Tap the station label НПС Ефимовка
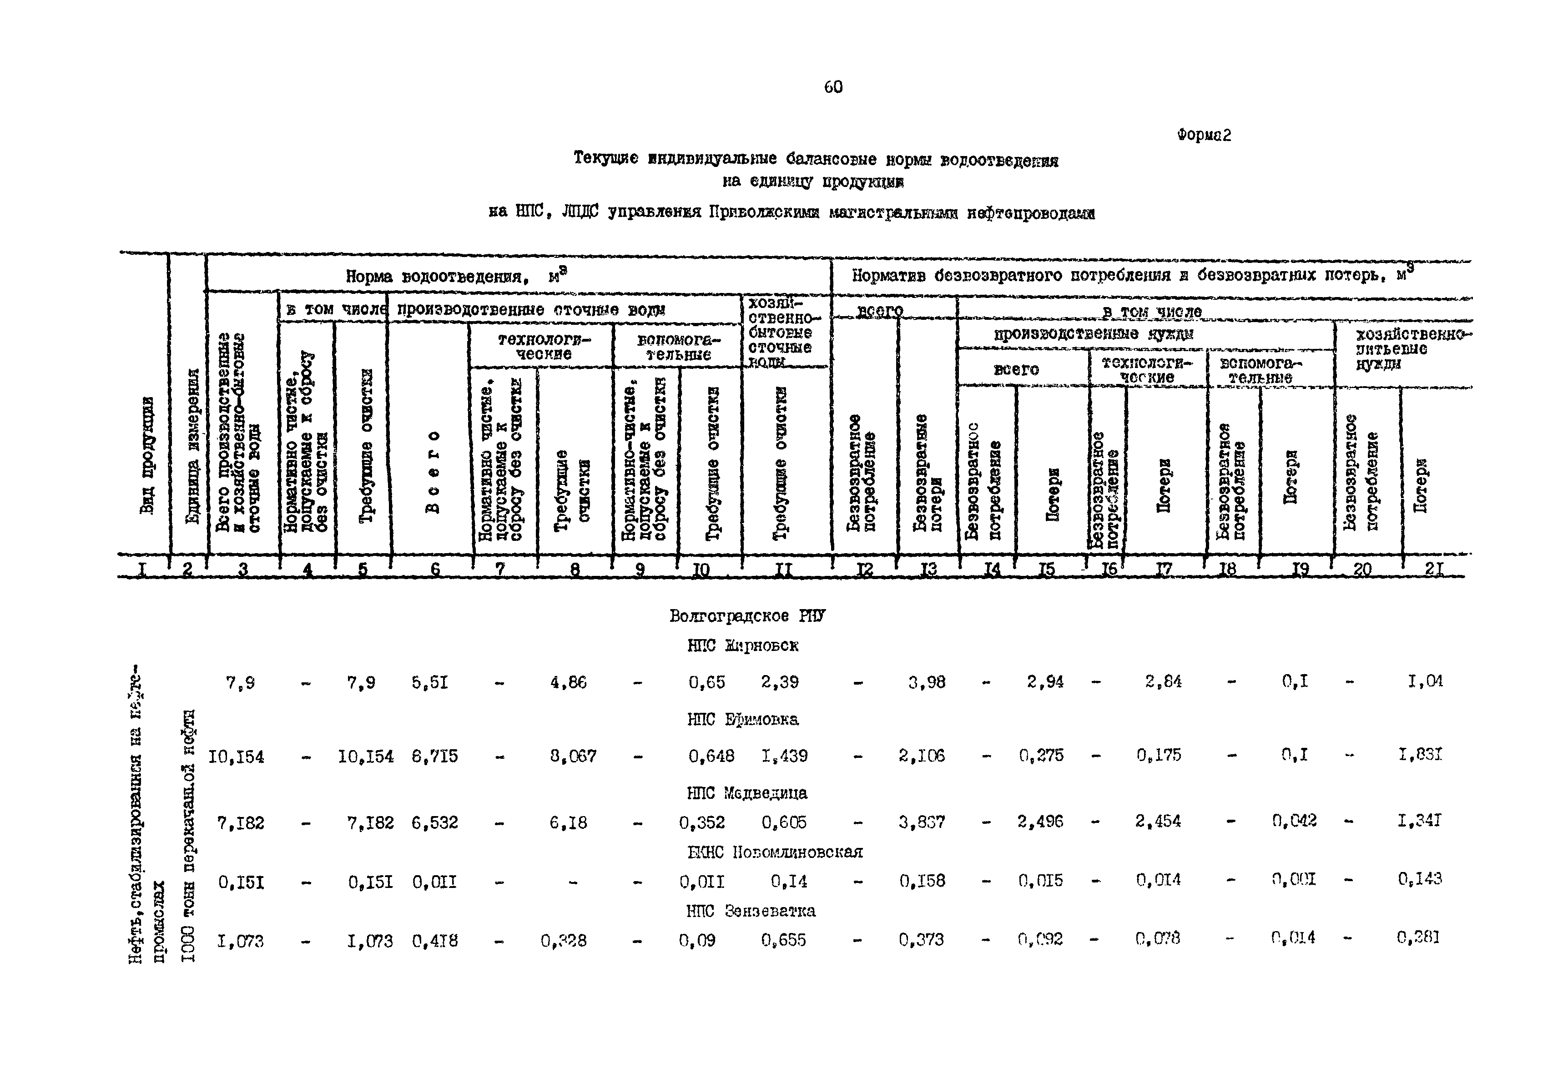point(742,719)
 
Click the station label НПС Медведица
point(746,793)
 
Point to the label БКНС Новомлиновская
point(775,852)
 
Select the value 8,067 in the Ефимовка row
point(573,756)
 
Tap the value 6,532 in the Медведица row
point(435,822)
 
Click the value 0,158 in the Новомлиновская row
point(922,881)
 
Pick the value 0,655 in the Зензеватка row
point(783,940)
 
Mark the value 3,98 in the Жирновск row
point(927,682)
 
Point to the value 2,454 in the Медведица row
point(1158,821)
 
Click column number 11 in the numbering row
point(783,570)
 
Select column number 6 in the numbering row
point(435,570)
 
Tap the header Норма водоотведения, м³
point(456,276)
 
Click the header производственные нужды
point(1094,334)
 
